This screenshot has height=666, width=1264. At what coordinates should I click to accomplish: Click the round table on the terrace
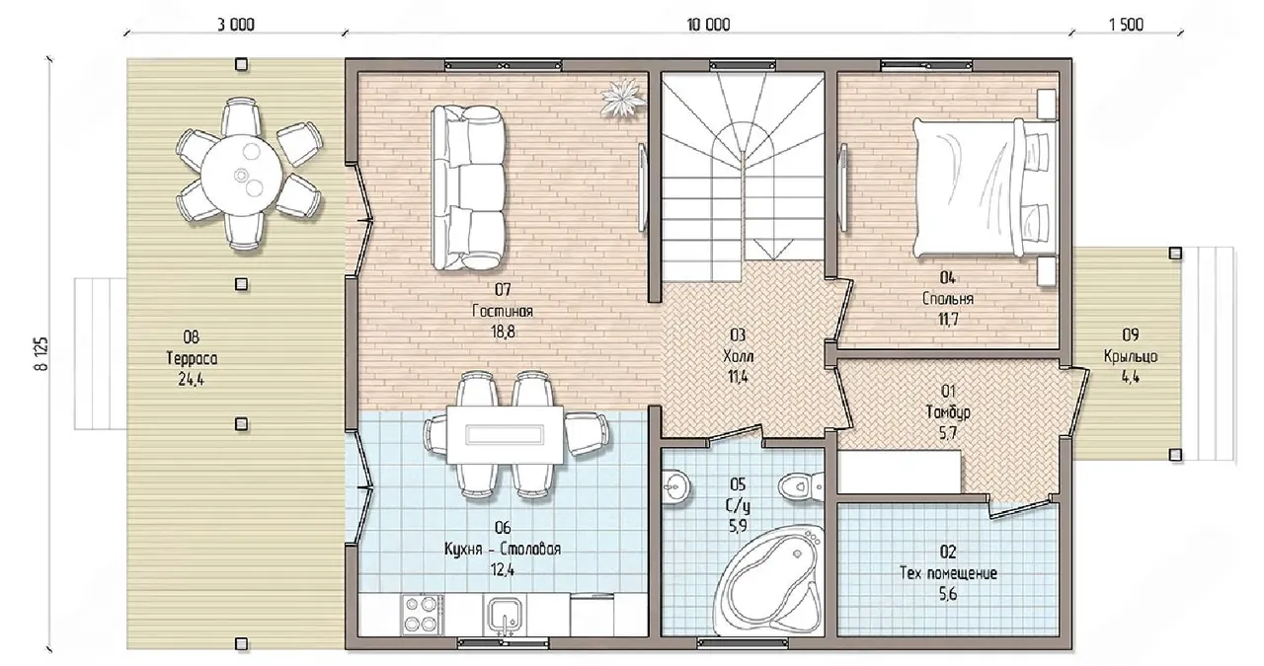[x=242, y=174]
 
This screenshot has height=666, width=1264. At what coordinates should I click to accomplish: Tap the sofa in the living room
[x=468, y=187]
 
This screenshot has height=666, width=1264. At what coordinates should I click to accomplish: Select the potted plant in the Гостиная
[x=623, y=98]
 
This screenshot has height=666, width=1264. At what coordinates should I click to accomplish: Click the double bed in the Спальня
[x=985, y=187]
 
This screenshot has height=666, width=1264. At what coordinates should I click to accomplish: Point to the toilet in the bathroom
[x=801, y=485]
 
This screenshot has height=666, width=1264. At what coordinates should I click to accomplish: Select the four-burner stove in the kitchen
[x=422, y=614]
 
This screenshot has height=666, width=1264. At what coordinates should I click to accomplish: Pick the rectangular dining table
[x=506, y=434]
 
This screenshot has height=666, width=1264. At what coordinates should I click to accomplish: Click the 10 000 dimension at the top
[x=708, y=25]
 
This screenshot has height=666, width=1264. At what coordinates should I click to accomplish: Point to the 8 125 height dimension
[x=41, y=353]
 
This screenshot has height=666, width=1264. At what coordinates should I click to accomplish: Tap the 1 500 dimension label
[x=1126, y=25]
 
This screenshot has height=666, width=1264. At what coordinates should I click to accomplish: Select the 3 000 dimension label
[x=236, y=25]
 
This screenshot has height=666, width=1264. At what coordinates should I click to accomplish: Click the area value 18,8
[x=503, y=332]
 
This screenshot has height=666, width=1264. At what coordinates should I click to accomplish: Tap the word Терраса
[x=192, y=359]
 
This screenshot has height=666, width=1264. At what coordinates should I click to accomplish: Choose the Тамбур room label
[x=948, y=412]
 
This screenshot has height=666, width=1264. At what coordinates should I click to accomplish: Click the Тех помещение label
[x=948, y=573]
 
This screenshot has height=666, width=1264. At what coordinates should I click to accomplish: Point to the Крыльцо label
[x=1131, y=356]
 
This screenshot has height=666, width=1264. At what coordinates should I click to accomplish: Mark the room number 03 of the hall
[x=738, y=335]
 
